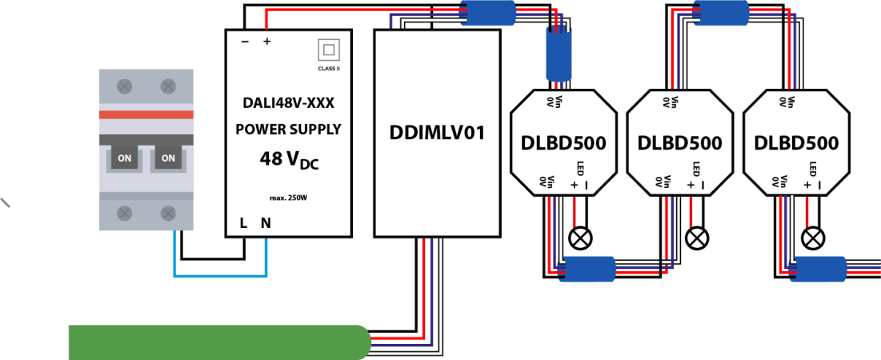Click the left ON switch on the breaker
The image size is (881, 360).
pyautogui.click(x=124, y=158)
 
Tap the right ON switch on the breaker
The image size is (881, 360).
pyautogui.click(x=168, y=158)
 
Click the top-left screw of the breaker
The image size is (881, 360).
pyautogui.click(x=125, y=86)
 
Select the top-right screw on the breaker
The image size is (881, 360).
pyautogui.click(x=168, y=86)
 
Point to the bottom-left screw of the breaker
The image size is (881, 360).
pyautogui.click(x=125, y=213)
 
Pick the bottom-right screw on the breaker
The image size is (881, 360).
pyautogui.click(x=168, y=213)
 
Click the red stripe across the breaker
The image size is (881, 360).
pyautogui.click(x=146, y=114)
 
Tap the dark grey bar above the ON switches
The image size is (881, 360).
pyautogui.click(x=146, y=139)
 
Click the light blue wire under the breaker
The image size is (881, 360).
pyautogui.click(x=220, y=276)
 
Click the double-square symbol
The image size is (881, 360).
pyautogui.click(x=329, y=50)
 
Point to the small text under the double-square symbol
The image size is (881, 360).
pyautogui.click(x=329, y=69)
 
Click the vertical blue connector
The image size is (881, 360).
pyautogui.click(x=559, y=54)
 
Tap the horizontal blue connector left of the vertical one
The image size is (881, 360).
pyautogui.click(x=487, y=13)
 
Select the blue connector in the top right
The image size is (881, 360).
pyautogui.click(x=721, y=13)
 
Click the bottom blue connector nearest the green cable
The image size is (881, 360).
pyautogui.click(x=587, y=269)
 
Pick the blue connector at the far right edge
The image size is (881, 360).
pyautogui.click(x=818, y=269)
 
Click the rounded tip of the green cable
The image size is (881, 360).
pyautogui.click(x=365, y=342)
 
